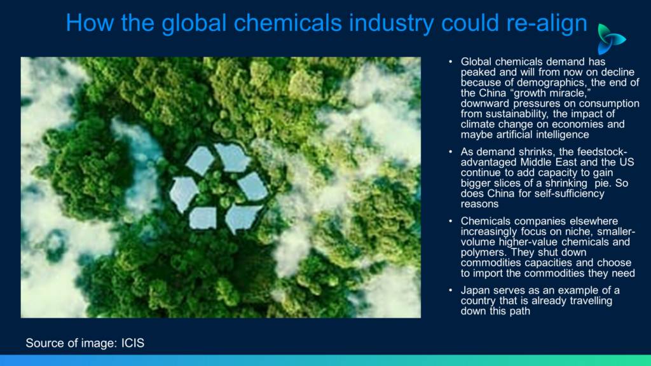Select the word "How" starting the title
point(90,22)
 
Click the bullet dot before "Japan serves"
point(451,290)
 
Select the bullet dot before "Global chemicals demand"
point(451,62)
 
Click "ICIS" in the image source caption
point(133,343)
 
